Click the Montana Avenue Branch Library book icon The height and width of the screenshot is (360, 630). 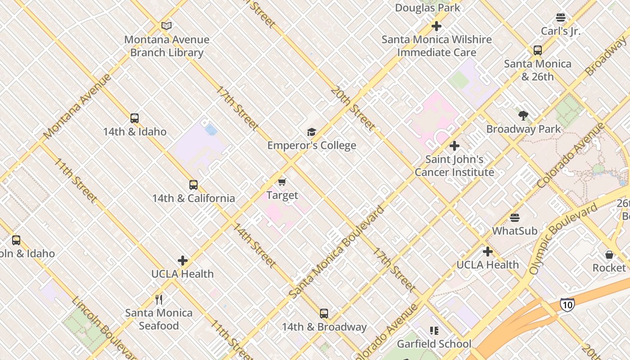(x=166, y=26)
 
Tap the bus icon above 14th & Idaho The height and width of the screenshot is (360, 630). (x=135, y=118)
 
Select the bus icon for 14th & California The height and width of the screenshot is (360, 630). (x=193, y=185)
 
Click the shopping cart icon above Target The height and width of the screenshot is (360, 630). (x=282, y=182)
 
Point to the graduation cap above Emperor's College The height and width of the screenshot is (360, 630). (x=311, y=132)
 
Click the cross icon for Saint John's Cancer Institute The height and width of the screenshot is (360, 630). (x=454, y=146)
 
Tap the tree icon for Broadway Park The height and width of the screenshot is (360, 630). (x=523, y=116)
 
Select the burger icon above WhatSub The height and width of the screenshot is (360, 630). (x=515, y=218)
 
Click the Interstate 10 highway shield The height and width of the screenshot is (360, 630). (x=567, y=305)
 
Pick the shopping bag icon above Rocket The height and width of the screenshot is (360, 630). (x=609, y=255)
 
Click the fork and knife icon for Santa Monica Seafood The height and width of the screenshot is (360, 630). (x=159, y=299)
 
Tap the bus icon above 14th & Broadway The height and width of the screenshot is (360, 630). (x=324, y=314)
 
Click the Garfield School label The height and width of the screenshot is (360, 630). (x=434, y=344)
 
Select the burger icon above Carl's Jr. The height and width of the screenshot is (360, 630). (x=560, y=18)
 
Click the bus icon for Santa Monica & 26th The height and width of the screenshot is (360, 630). (x=538, y=50)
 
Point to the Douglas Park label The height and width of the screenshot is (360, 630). (x=427, y=8)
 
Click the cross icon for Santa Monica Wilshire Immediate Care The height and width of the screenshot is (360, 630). (x=436, y=26)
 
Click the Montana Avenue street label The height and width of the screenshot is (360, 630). (x=77, y=107)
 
